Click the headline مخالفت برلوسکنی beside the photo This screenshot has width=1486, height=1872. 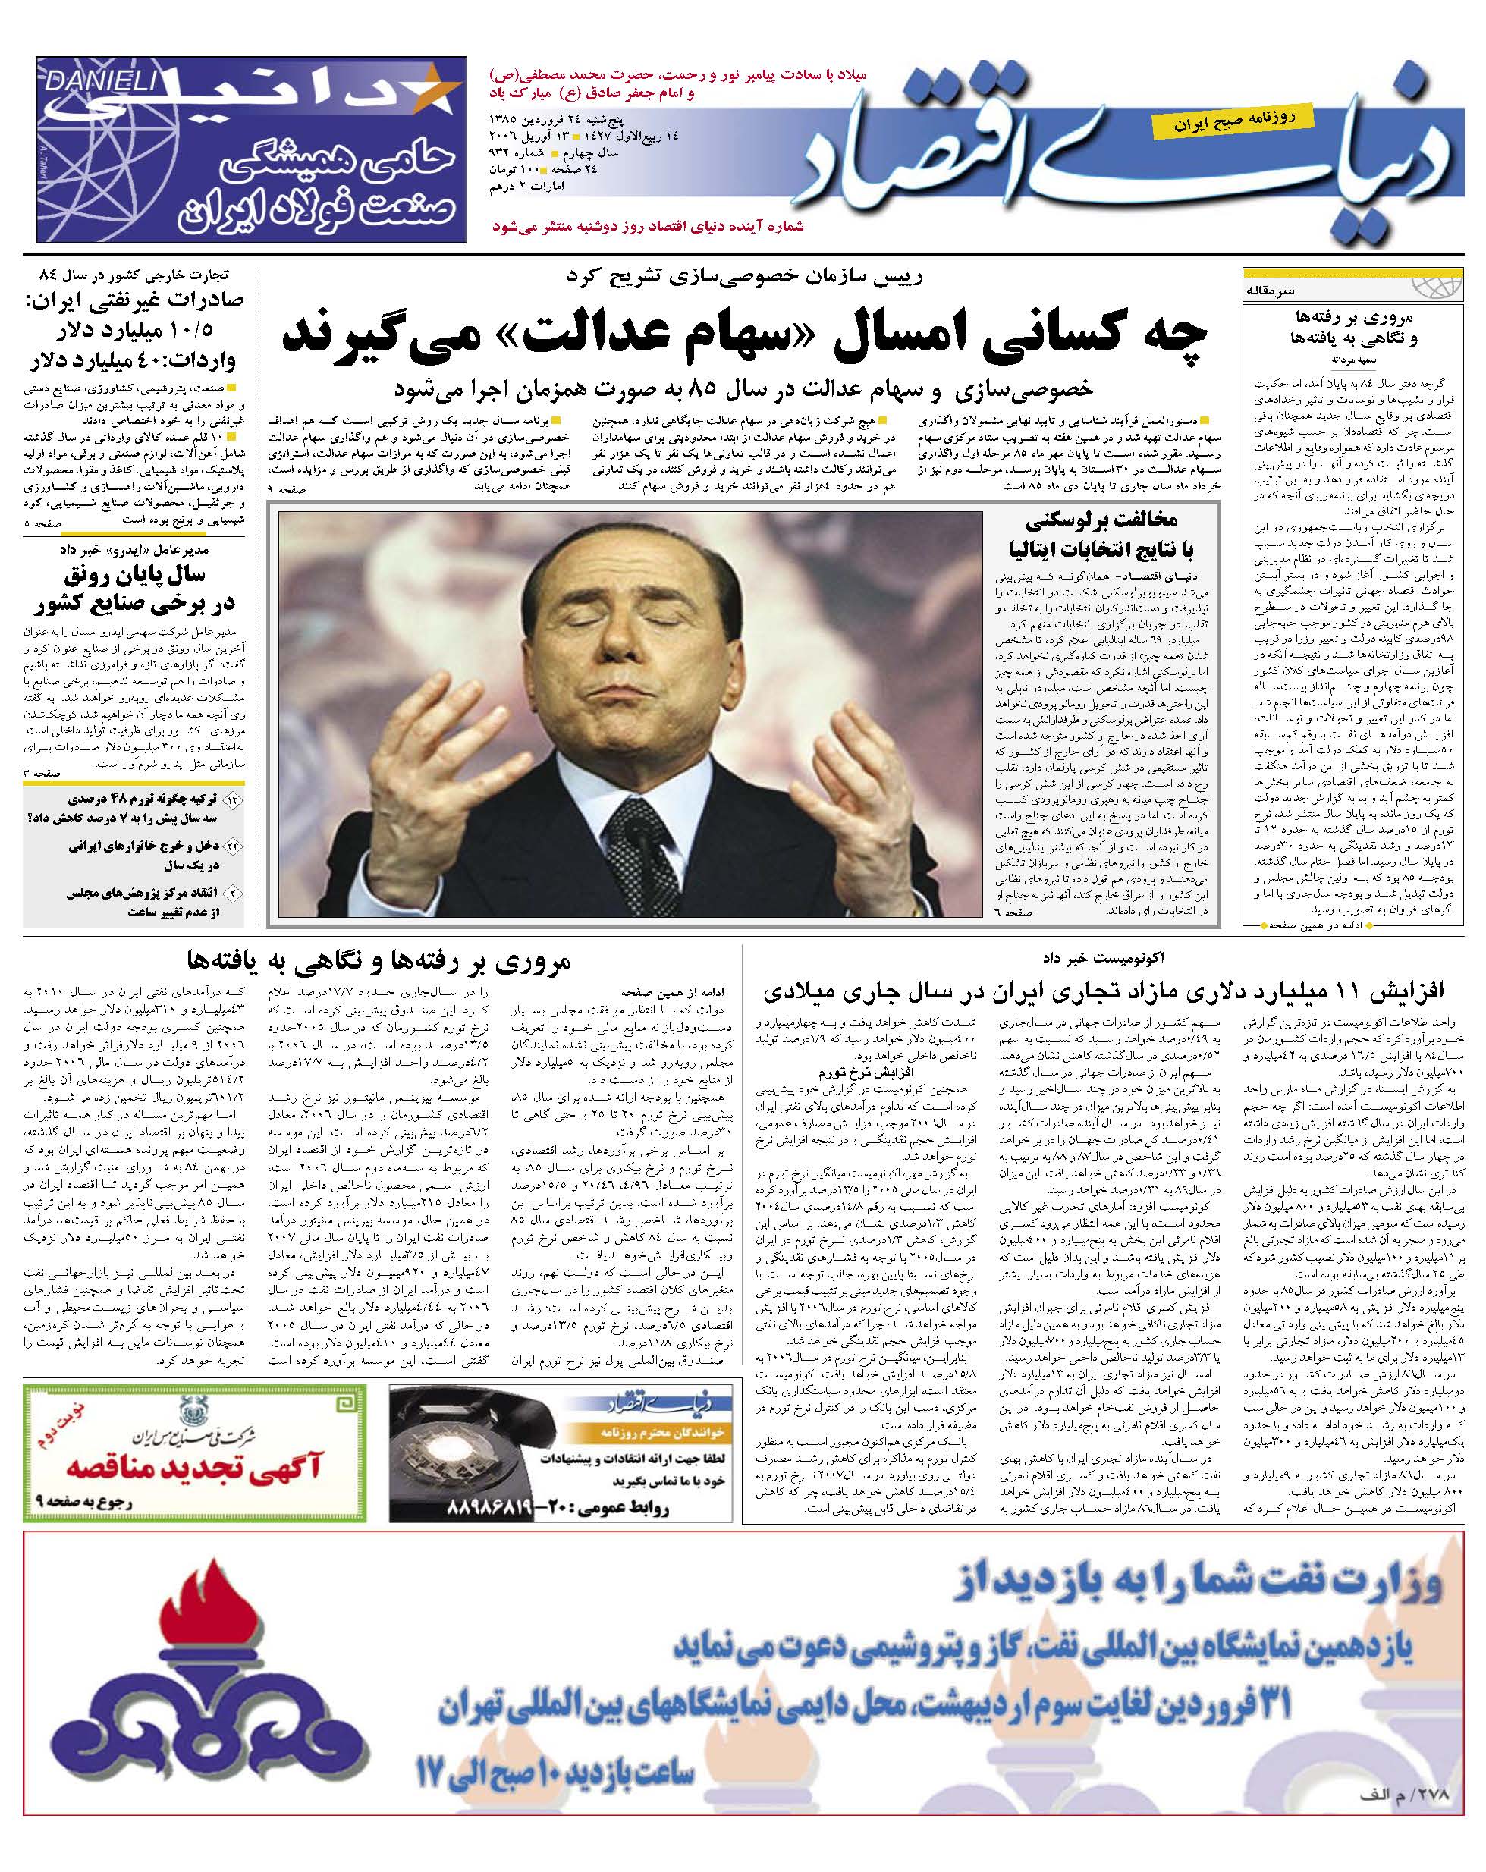pyautogui.click(x=1101, y=520)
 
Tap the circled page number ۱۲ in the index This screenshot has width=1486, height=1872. pyautogui.click(x=233, y=799)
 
